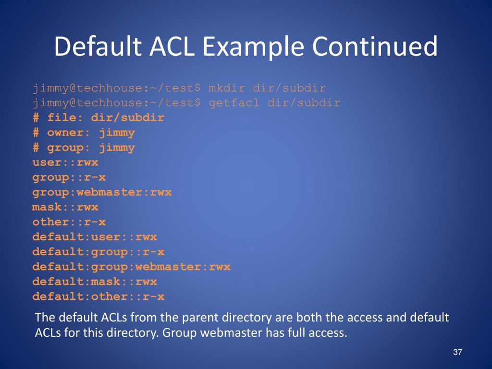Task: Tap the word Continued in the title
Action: pyautogui.click(x=375, y=47)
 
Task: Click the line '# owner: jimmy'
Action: pyautogui.click(x=84, y=133)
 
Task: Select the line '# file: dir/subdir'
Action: pyautogui.click(x=98, y=118)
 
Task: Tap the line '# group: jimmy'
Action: pyautogui.click(x=84, y=148)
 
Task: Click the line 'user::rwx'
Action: pyautogui.click(x=65, y=162)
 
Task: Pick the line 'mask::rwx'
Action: pyautogui.click(x=65, y=207)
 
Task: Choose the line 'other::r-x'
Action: pyautogui.click(x=69, y=222)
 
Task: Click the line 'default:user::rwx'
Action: pyautogui.click(x=95, y=237)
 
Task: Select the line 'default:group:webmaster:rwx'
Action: pyautogui.click(x=131, y=267)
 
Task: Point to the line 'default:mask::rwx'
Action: pyautogui.click(x=95, y=282)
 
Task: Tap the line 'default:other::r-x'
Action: pyautogui.click(x=98, y=296)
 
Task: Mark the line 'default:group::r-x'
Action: pyautogui.click(x=98, y=252)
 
